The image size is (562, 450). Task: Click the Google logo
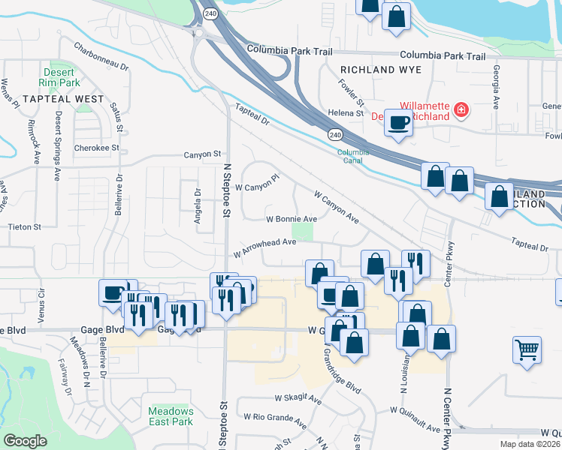coord(26,440)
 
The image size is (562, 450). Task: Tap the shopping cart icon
coord(527,349)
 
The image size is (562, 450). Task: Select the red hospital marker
coord(461,112)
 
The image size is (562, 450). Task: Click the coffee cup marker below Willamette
coord(398,122)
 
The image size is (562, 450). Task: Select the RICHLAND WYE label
coord(381,70)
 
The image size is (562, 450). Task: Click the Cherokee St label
coord(97,148)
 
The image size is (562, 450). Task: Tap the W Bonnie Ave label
coord(292,220)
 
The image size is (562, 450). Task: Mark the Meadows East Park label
coord(171,416)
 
